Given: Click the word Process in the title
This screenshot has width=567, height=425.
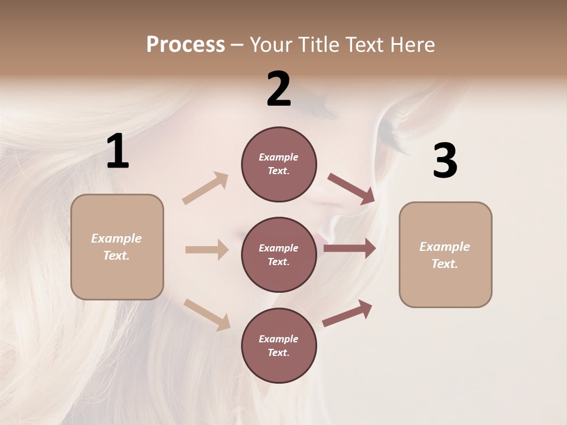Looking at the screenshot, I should [185, 45].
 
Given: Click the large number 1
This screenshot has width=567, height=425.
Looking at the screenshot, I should [118, 152].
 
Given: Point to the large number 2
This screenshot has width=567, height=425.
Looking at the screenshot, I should [279, 89].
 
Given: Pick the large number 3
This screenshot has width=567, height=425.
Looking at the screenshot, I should [445, 161].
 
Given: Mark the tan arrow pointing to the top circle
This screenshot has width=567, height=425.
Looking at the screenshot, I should [206, 188].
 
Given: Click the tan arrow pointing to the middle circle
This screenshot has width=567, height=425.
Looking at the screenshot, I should [207, 250].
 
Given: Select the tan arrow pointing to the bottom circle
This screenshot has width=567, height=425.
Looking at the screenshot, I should [207, 314].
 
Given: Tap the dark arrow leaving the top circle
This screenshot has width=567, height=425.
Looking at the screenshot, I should [351, 188].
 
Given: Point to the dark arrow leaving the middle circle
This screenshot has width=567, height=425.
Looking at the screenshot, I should [350, 249].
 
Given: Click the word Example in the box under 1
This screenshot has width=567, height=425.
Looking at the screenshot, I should [116, 238].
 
